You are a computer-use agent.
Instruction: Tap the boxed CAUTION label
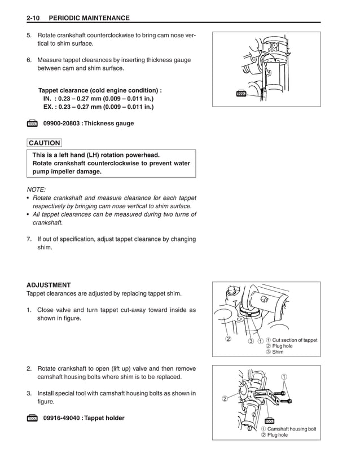(44, 143)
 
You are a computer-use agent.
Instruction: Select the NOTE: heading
(37, 190)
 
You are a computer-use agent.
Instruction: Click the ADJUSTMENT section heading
(49, 285)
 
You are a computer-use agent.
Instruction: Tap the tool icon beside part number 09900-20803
(32, 124)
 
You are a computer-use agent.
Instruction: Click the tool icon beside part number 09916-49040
(32, 418)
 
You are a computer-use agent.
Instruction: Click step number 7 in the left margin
(29, 239)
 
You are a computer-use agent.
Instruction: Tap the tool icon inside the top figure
(241, 94)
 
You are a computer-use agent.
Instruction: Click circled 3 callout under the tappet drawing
(250, 340)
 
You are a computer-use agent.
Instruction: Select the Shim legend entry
(275, 353)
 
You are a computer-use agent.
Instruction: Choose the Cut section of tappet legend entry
(292, 340)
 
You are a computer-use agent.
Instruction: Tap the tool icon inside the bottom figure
(269, 421)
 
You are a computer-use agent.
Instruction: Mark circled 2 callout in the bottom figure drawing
(224, 399)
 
